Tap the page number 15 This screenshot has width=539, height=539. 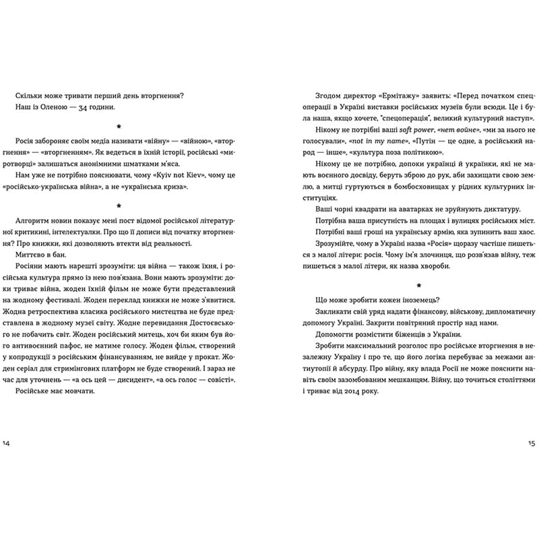click(532, 443)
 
